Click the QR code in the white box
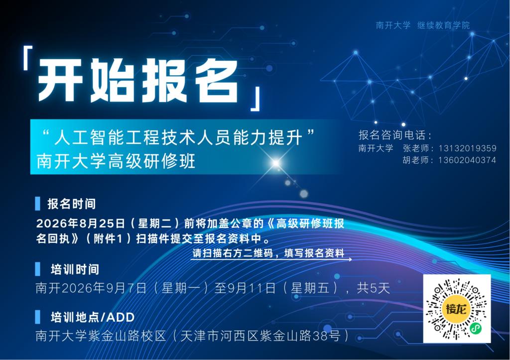click(457, 308)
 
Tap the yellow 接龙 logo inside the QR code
click(456, 308)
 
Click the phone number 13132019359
click(467, 148)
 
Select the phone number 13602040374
click(467, 160)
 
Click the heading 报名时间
click(72, 204)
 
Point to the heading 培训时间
click(75, 269)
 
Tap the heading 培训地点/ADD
click(93, 317)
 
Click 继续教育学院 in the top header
click(444, 25)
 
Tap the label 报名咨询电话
click(392, 135)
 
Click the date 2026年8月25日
click(81, 223)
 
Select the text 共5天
click(373, 288)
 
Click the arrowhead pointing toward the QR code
click(350, 259)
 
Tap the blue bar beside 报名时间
click(38, 204)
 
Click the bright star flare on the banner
click(276, 163)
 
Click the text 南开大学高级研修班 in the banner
click(116, 161)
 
